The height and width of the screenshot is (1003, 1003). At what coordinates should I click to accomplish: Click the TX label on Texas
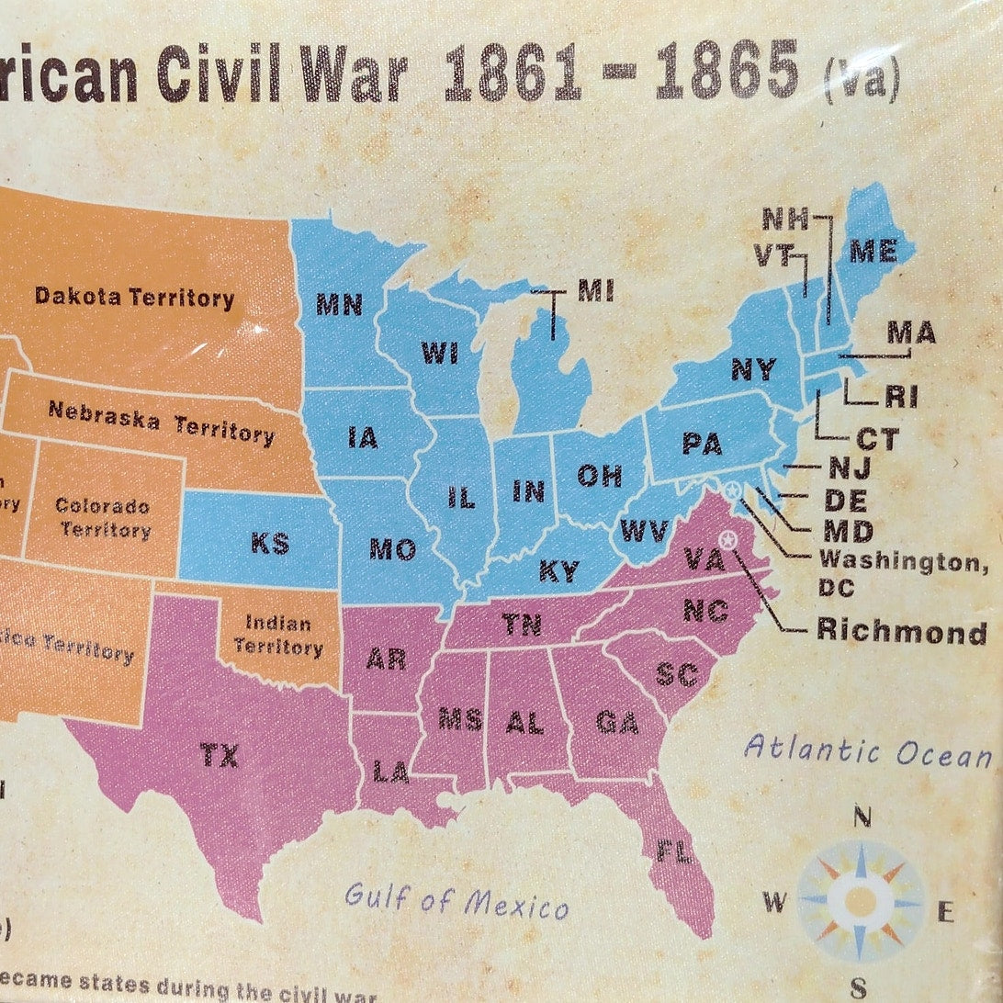tap(219, 755)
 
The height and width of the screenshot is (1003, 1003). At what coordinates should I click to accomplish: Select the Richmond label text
tap(902, 631)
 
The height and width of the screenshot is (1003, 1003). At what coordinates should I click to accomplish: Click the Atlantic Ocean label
tap(868, 750)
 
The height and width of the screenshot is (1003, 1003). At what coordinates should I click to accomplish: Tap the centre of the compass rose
tap(860, 900)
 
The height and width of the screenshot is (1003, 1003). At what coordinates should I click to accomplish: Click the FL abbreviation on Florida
tap(673, 851)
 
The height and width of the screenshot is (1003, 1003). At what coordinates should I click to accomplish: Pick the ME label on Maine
tap(873, 251)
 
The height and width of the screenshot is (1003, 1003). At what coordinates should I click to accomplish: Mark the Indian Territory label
tap(278, 635)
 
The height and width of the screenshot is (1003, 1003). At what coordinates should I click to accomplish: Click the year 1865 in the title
tap(726, 71)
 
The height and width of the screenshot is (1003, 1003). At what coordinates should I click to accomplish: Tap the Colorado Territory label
tap(103, 517)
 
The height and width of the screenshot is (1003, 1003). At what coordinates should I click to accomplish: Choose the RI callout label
tap(901, 397)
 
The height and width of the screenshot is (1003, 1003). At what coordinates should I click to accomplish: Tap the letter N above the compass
tap(862, 816)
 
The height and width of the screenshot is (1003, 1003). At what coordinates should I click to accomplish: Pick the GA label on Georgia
tap(616, 722)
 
